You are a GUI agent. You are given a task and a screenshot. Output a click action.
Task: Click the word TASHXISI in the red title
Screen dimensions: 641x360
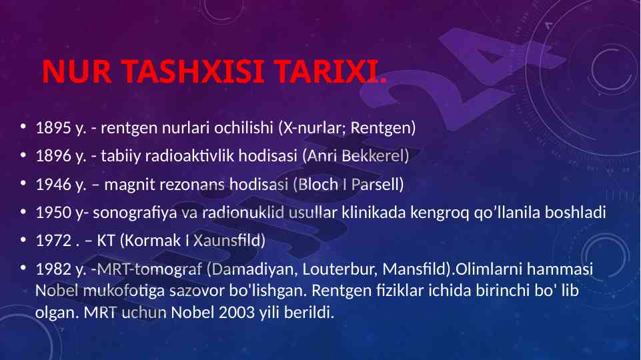193,71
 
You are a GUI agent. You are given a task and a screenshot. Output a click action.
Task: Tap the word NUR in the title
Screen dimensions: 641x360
77,71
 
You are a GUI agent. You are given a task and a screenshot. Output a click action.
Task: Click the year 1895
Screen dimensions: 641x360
53,128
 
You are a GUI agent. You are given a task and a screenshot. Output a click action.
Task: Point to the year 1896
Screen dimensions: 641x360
53,156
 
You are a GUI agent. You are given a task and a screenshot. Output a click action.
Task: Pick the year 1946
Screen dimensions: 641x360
53,184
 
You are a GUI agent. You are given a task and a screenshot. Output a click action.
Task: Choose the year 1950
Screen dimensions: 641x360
53,213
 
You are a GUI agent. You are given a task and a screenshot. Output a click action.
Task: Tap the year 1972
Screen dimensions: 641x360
53,240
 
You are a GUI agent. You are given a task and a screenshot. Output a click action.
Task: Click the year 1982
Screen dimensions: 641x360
53,269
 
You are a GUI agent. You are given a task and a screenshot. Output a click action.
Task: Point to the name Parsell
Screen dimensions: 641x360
378,184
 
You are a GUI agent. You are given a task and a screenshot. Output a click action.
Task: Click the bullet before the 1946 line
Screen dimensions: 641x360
23,183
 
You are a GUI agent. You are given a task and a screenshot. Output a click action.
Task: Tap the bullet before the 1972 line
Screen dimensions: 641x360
23,239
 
